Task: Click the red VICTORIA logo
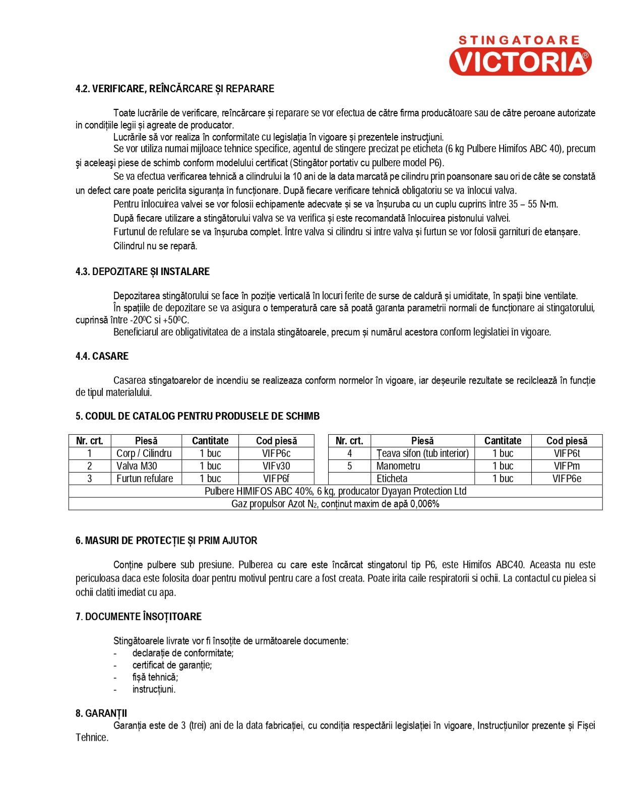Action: (520, 61)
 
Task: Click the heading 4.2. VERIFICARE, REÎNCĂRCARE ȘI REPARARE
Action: (174, 89)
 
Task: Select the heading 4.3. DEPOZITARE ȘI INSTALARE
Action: (142, 272)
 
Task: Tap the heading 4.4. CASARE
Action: (102, 356)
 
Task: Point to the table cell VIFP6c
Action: (276, 453)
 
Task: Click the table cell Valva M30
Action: (137, 466)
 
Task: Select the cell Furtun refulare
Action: (145, 479)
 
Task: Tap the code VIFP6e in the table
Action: (567, 479)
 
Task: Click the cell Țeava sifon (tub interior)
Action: (422, 453)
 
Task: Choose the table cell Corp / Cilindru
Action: (144, 453)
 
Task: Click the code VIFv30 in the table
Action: (276, 466)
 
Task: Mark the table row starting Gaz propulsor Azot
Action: (335, 504)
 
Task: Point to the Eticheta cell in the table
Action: (392, 479)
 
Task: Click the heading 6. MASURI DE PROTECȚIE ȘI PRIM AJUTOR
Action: (166, 541)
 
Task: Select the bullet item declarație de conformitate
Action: (183, 653)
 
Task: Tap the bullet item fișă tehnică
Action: (155, 677)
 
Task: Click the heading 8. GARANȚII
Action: (101, 713)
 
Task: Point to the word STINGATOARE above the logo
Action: (519, 40)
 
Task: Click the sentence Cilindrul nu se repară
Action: (155, 246)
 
